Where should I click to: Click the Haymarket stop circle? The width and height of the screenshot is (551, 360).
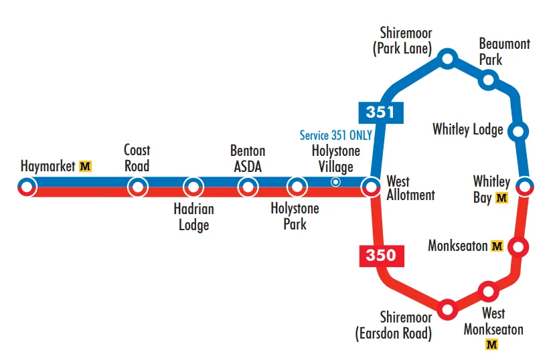point(26,187)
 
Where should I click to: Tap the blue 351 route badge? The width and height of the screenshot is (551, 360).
point(380,112)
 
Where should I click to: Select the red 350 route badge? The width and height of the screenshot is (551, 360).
point(380,255)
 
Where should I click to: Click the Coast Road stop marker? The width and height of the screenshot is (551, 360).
point(138,187)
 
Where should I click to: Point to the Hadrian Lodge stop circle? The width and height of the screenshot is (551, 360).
point(193,187)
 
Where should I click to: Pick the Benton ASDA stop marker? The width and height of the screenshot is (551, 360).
point(248,187)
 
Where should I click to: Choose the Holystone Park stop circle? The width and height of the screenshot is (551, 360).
point(296,187)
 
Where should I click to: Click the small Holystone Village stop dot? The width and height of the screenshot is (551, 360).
point(336,182)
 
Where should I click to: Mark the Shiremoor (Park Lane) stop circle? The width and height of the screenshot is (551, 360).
point(447,60)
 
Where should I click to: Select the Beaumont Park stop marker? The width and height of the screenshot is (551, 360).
point(489,80)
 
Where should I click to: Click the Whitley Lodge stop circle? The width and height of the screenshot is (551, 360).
point(518,130)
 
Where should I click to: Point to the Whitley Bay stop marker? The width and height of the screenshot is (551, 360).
point(526,187)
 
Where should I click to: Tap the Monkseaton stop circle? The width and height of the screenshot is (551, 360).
point(518,247)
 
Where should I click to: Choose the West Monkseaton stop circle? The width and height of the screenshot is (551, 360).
point(488,291)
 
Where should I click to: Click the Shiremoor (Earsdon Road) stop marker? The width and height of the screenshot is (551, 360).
point(447,309)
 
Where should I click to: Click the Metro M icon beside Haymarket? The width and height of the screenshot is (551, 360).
point(85,165)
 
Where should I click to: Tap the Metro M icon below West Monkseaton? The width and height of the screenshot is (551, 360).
point(492,345)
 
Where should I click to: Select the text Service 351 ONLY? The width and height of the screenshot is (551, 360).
point(335,135)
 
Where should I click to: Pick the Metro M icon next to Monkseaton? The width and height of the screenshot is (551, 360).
point(497,246)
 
